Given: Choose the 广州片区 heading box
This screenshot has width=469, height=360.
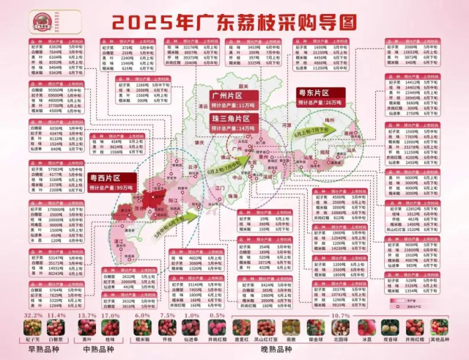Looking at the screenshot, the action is (x=230, y=95).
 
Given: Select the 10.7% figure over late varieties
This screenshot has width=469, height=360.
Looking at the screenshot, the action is (x=341, y=315).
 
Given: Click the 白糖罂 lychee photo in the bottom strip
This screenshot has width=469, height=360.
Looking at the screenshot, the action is (x=56, y=328).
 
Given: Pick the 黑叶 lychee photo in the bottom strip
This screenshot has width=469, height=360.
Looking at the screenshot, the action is (x=87, y=328).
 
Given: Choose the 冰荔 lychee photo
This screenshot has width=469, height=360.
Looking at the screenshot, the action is (x=366, y=328).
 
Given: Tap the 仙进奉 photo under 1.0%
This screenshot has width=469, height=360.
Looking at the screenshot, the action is (x=191, y=328).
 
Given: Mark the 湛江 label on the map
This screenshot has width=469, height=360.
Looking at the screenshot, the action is (x=117, y=240).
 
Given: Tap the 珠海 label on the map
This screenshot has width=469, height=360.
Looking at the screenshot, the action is (x=232, y=196).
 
